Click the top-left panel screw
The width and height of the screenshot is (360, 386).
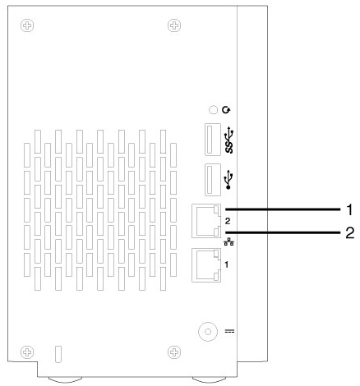pos(27,25)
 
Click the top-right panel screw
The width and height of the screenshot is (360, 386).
pos(174,25)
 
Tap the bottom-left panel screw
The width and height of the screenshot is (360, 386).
pos(27,352)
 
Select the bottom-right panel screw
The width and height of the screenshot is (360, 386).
pos(174,352)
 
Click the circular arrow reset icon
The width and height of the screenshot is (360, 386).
pos(226,110)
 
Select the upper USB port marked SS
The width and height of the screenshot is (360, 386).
pos(213,140)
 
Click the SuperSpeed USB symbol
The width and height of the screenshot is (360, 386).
pos(229,141)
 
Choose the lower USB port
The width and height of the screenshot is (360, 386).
pos(213,180)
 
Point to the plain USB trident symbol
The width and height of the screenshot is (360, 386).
pos(228,180)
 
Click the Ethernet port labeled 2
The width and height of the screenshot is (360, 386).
pos(206,221)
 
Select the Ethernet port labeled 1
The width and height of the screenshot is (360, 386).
pos(206,265)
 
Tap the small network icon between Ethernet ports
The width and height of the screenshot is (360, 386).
pos(228,241)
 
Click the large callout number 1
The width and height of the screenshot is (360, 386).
pos(349,210)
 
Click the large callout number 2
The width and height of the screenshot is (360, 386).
pos(349,233)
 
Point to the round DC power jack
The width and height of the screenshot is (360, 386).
pos(208,332)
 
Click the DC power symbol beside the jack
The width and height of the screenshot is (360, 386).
pos(229,332)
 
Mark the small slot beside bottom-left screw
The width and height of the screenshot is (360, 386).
pos(58,354)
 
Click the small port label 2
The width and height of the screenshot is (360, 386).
pos(228,221)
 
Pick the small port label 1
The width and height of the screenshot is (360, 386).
pos(226,264)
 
